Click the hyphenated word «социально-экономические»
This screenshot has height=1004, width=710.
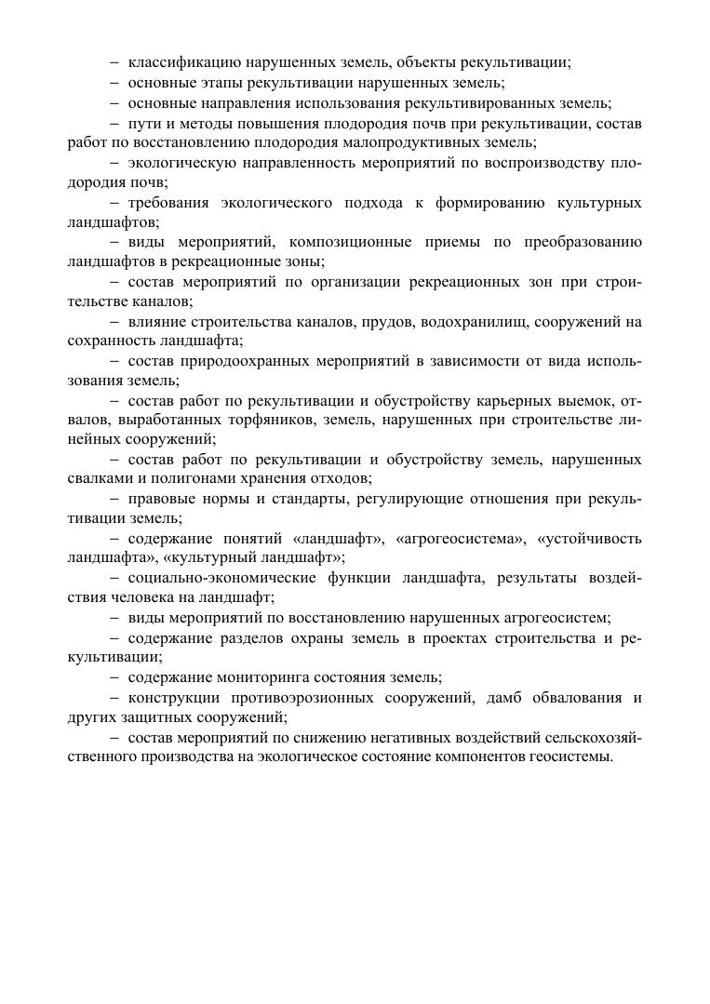(222, 578)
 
